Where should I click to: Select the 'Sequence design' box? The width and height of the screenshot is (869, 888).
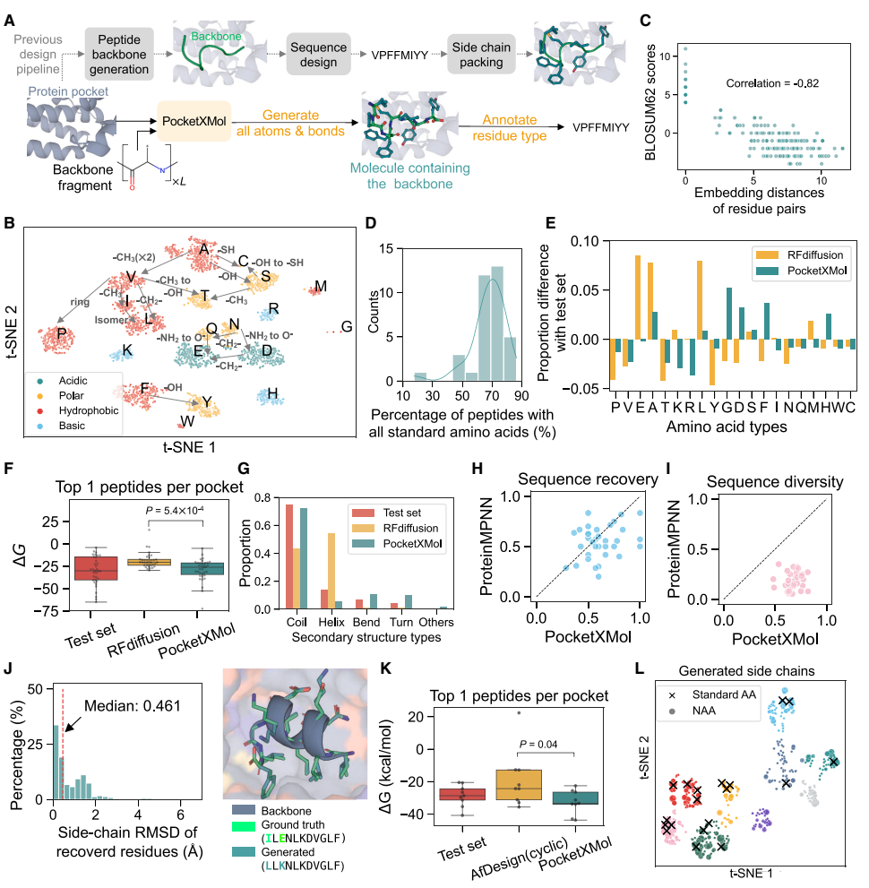tap(320, 53)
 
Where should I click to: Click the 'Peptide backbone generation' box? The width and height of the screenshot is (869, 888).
tap(121, 53)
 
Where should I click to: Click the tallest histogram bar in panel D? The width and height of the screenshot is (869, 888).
tap(498, 323)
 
